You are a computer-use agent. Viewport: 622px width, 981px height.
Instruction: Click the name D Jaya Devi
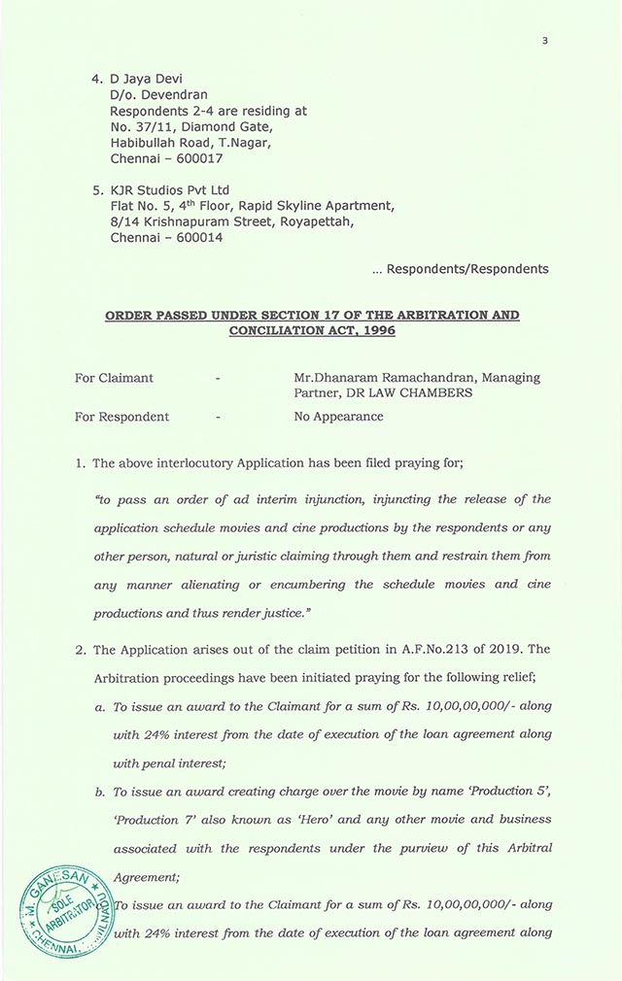pyautogui.click(x=149, y=79)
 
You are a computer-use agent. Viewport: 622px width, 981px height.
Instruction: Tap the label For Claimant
pyautogui.click(x=115, y=378)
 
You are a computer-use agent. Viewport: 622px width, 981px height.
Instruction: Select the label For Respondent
pyautogui.click(x=122, y=417)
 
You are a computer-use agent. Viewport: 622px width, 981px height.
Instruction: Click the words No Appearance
pyautogui.click(x=338, y=417)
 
